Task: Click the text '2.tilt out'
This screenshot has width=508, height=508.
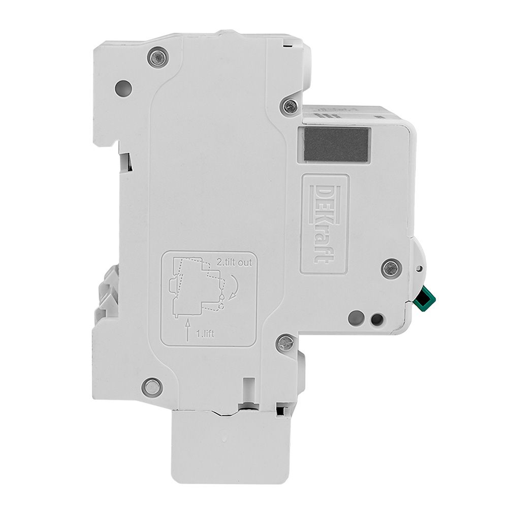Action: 234,263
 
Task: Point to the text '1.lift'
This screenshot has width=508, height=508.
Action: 205,334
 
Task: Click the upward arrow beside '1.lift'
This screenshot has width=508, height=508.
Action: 187,329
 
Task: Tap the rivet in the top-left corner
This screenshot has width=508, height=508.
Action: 158,58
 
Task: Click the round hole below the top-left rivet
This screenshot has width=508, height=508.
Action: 124,88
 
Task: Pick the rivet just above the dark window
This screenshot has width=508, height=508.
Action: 290,105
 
